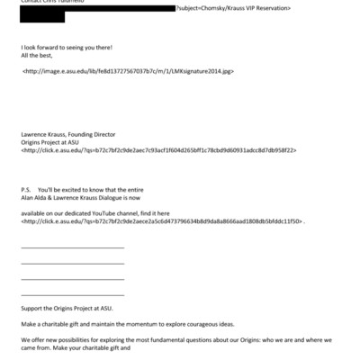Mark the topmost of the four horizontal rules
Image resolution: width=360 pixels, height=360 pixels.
point(72,247)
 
